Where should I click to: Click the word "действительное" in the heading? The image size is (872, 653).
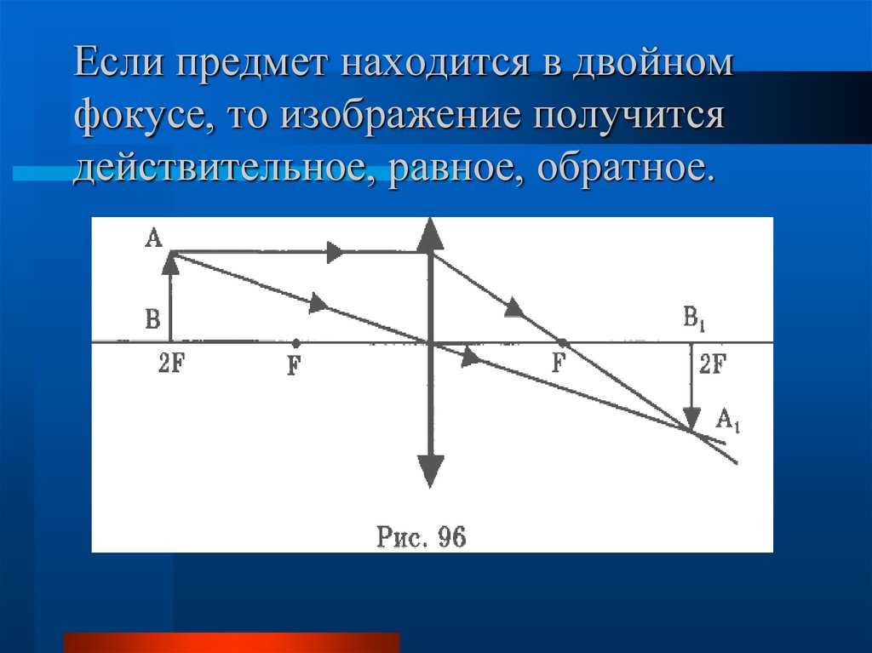224,166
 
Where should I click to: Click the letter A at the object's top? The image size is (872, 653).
153,238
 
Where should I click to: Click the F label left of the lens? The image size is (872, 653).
294,368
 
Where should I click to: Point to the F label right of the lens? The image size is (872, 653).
559,364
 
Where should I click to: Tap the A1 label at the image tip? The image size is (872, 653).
727,420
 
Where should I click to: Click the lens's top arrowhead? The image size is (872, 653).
430,232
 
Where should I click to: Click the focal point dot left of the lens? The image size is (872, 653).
295,343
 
